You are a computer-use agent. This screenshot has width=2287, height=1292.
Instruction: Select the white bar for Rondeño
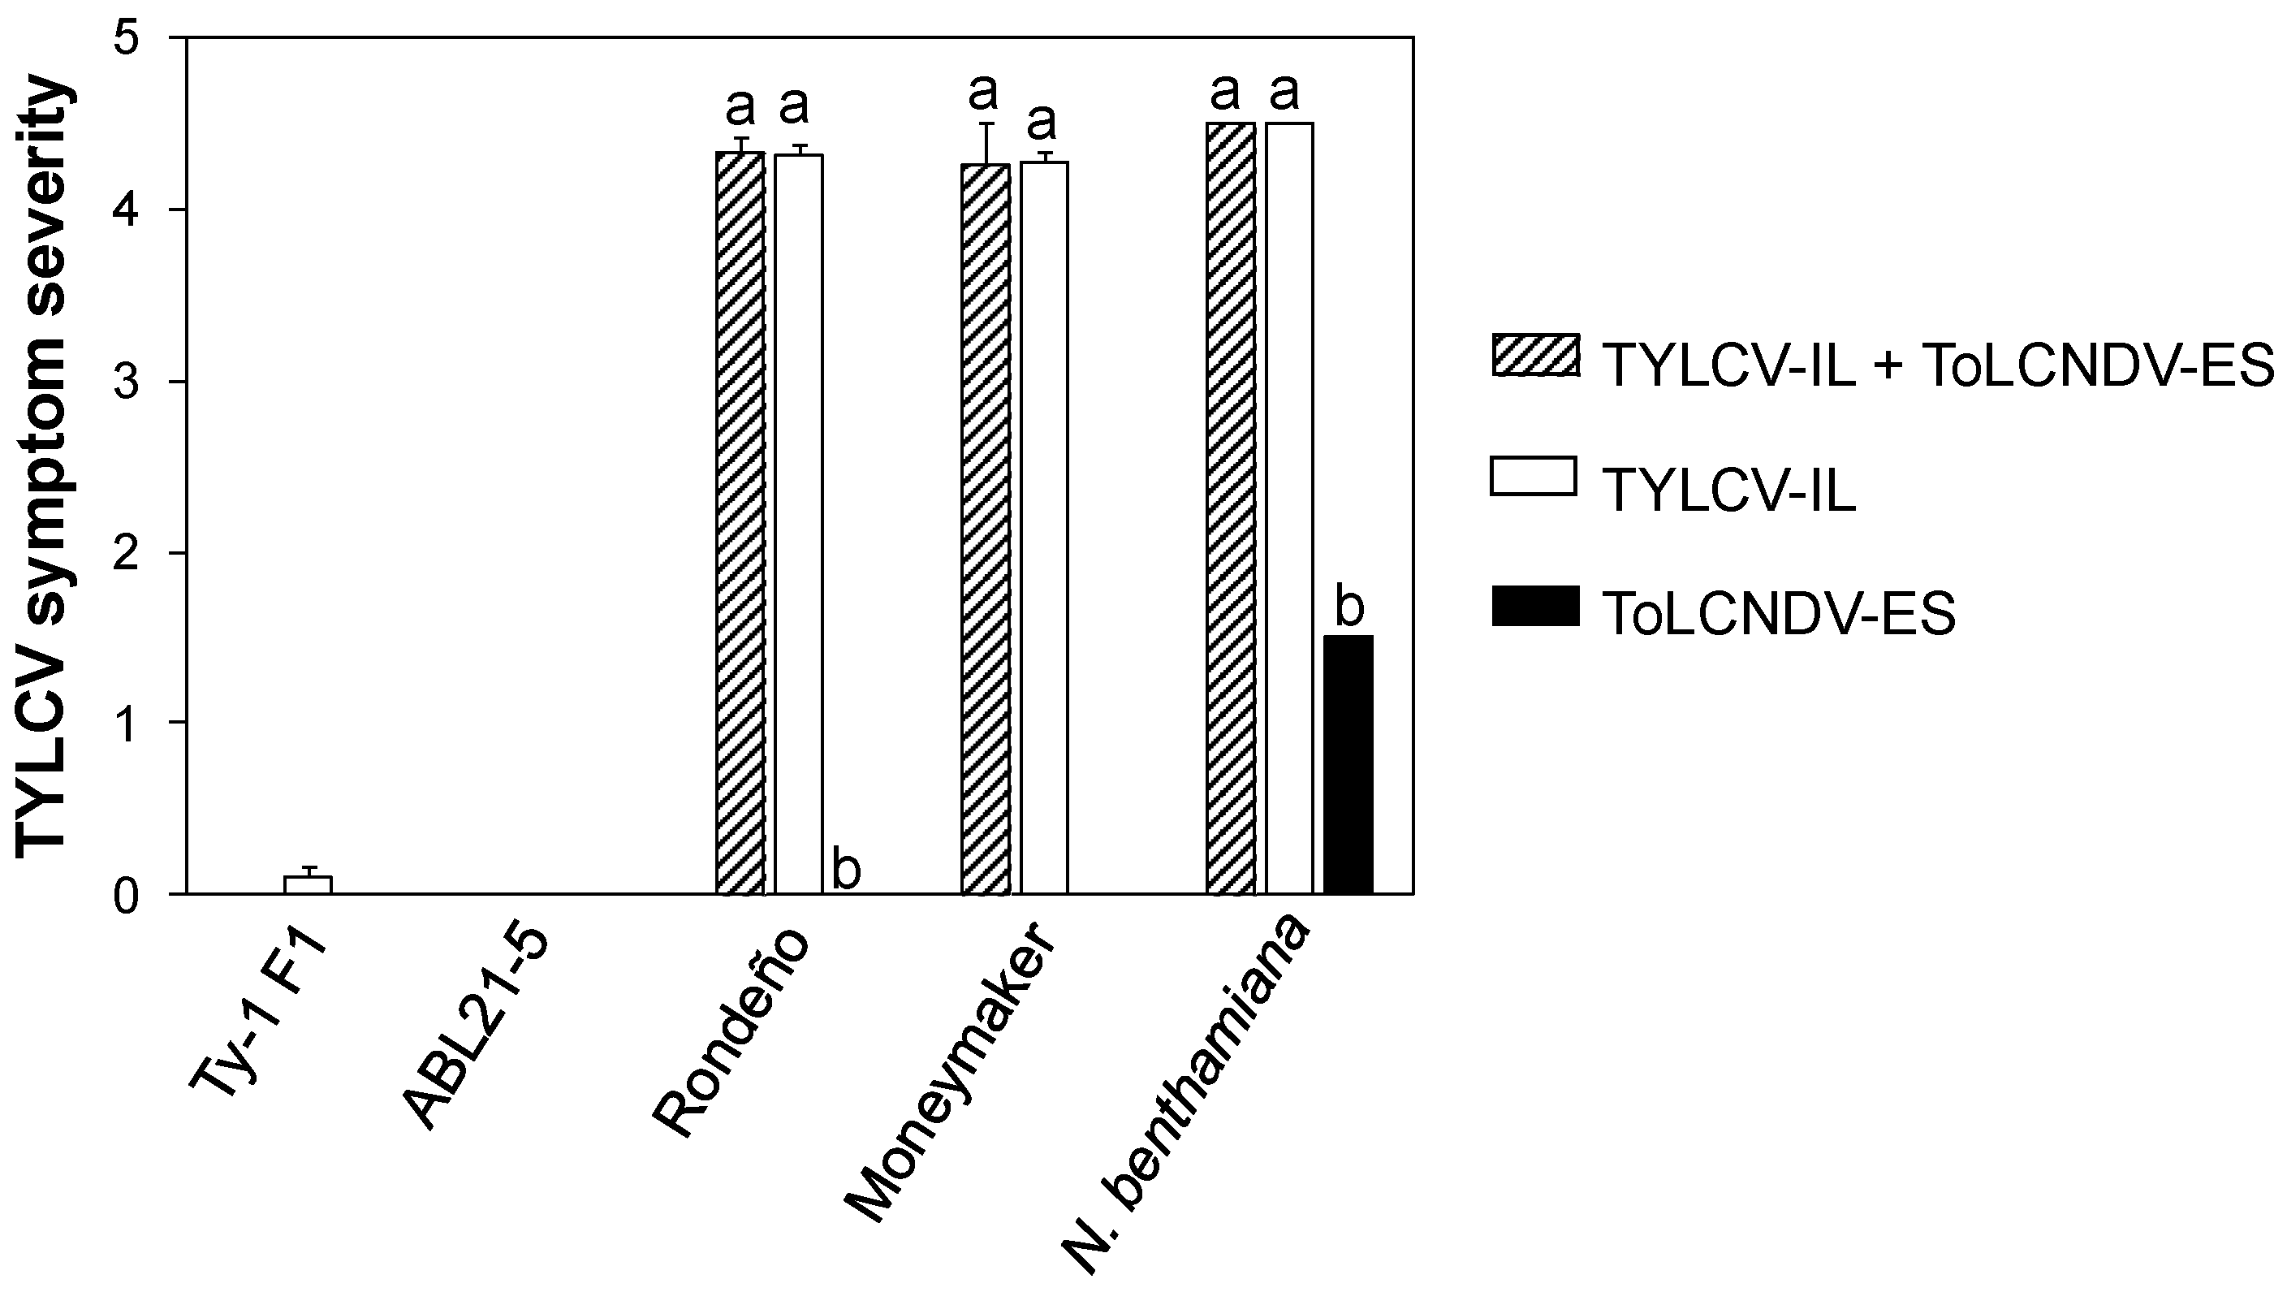pos(798,524)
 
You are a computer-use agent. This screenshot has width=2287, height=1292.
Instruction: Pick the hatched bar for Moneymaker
pos(985,529)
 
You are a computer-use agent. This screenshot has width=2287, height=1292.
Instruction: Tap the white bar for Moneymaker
pos(1043,528)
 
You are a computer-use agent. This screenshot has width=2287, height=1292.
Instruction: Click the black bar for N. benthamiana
pos(1348,764)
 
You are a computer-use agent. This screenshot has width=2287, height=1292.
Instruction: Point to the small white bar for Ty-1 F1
pos(307,884)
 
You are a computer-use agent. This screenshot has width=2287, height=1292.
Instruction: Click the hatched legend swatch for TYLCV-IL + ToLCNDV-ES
pos(1535,355)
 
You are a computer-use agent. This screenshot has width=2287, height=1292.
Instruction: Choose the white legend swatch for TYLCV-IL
pos(1534,476)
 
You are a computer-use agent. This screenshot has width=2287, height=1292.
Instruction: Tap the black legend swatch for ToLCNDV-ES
pos(1535,606)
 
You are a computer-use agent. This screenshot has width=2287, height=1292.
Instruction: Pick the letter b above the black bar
pos(1348,607)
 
